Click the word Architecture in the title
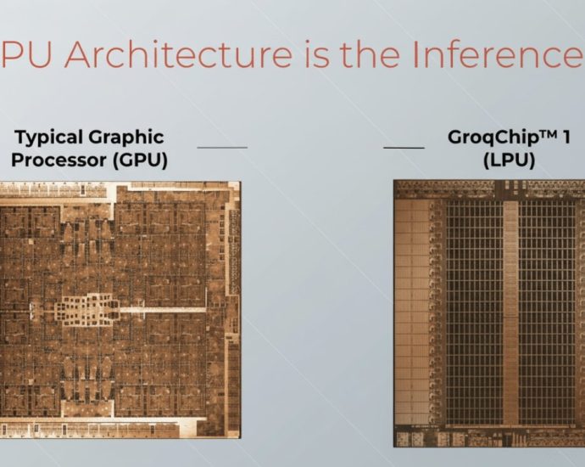tap(160, 56)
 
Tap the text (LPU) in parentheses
tap(509, 159)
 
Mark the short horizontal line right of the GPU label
tap(222, 147)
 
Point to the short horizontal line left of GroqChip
tap(404, 147)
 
